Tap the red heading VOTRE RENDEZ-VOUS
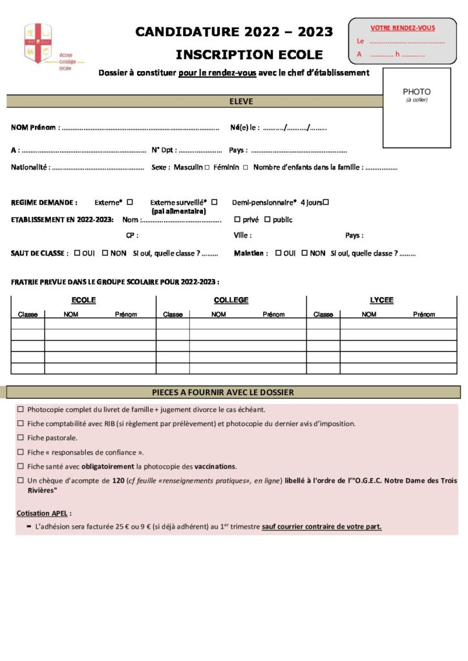coord(402,28)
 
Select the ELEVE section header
coord(241,101)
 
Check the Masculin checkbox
coord(207,168)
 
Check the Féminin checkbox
coord(245,168)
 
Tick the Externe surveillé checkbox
coord(215,202)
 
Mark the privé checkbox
coord(237,219)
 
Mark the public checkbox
coord(267,219)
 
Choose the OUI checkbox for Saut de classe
coord(78,253)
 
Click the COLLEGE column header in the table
coord(231,300)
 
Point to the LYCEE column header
coord(381,300)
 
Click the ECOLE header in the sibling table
coord(83,300)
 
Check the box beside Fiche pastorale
coord(21,438)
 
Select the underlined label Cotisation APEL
coord(44,513)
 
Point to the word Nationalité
coord(30,168)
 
